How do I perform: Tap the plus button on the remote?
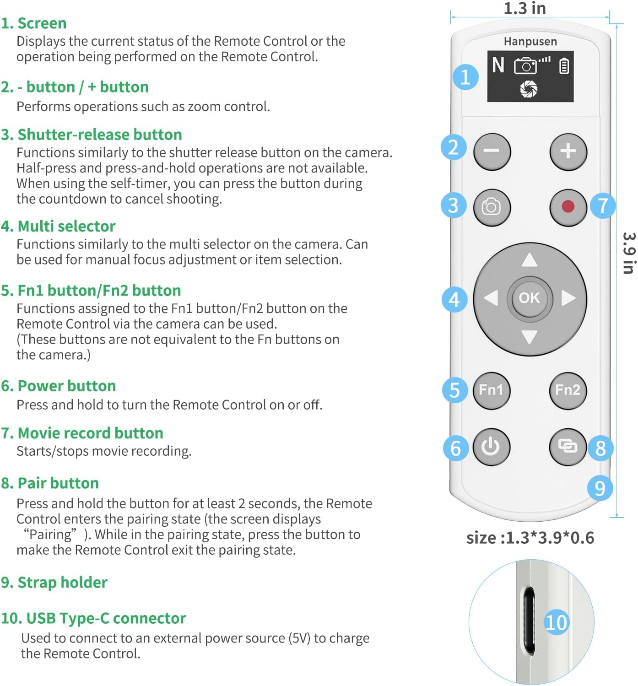(568, 151)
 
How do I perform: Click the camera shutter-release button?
(491, 207)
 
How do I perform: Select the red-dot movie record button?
(568, 207)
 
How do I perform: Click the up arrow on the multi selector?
(530, 260)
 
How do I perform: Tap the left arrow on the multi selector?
(492, 298)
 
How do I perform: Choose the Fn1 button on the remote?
(491, 390)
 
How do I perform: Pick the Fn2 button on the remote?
(568, 390)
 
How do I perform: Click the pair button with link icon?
(568, 446)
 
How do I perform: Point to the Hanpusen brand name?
(530, 42)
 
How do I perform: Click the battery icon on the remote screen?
(564, 66)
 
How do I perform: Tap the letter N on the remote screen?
(498, 65)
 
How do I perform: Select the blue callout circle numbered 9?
(600, 488)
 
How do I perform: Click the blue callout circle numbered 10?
(556, 622)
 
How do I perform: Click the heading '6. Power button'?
(59, 386)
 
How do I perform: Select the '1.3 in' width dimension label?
(524, 8)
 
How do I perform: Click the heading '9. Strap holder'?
(54, 582)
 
